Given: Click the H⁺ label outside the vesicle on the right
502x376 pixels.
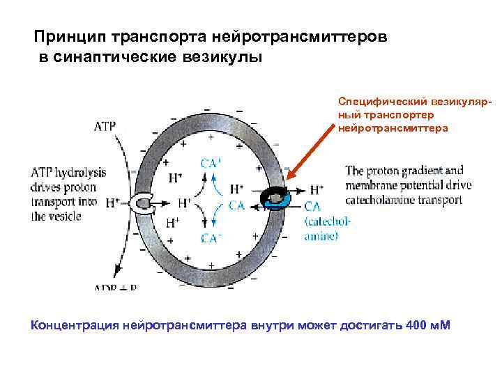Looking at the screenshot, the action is (x=317, y=189).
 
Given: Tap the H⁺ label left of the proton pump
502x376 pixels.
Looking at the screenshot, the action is (x=112, y=203).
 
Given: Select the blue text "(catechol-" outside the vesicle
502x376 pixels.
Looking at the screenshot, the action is (x=328, y=222).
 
